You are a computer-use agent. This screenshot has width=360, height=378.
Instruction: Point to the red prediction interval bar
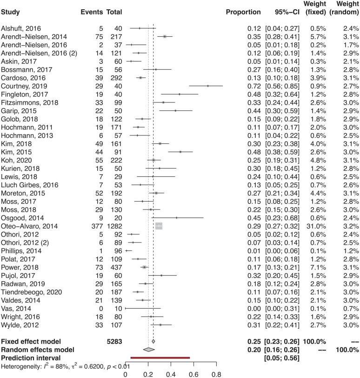point(160,357)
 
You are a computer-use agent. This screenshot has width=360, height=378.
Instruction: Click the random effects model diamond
point(148,350)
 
